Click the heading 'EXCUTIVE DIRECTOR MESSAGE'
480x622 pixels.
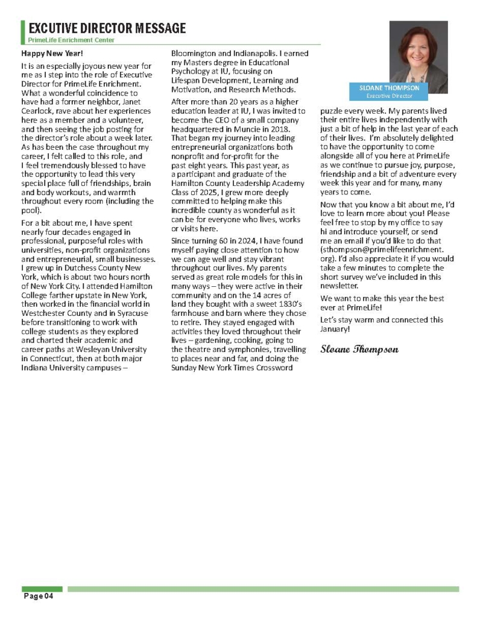pyautogui.click(x=107, y=28)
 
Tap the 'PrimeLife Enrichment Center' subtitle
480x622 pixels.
pyautogui.click(x=71, y=40)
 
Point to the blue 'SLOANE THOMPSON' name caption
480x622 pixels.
pyautogui.click(x=389, y=88)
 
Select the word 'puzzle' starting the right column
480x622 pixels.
pyautogui.click(x=332, y=111)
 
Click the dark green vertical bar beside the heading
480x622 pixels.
pyautogui.click(x=23, y=31)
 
